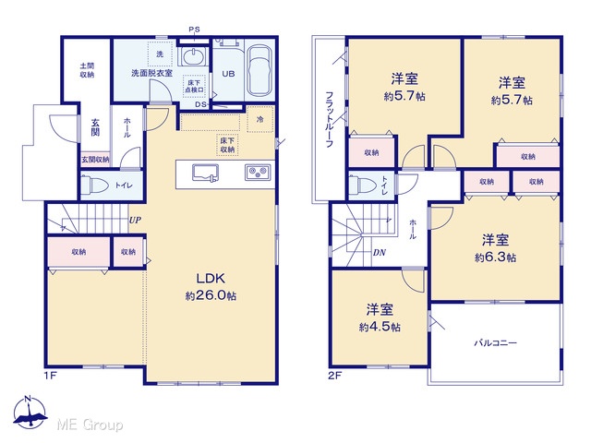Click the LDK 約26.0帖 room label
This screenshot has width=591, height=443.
point(211,287)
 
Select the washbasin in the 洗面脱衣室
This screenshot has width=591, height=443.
point(194,56)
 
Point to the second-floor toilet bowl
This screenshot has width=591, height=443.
point(362,185)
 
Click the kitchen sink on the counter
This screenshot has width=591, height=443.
point(205,174)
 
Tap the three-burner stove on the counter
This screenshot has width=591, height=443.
point(258,173)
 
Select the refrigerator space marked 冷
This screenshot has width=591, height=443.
point(260,119)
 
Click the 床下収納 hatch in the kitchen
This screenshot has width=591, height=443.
point(227,145)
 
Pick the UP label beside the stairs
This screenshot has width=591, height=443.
point(135,220)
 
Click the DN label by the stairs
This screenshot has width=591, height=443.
point(380,252)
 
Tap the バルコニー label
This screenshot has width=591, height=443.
point(495,342)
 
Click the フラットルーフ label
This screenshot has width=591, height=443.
point(329,119)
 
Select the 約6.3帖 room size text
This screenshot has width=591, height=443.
point(495,257)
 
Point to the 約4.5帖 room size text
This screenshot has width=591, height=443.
point(380,327)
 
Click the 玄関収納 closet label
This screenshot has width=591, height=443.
point(95,160)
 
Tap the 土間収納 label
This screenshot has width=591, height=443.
point(87,70)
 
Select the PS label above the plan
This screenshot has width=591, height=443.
point(195,30)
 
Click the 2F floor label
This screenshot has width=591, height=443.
point(334,376)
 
